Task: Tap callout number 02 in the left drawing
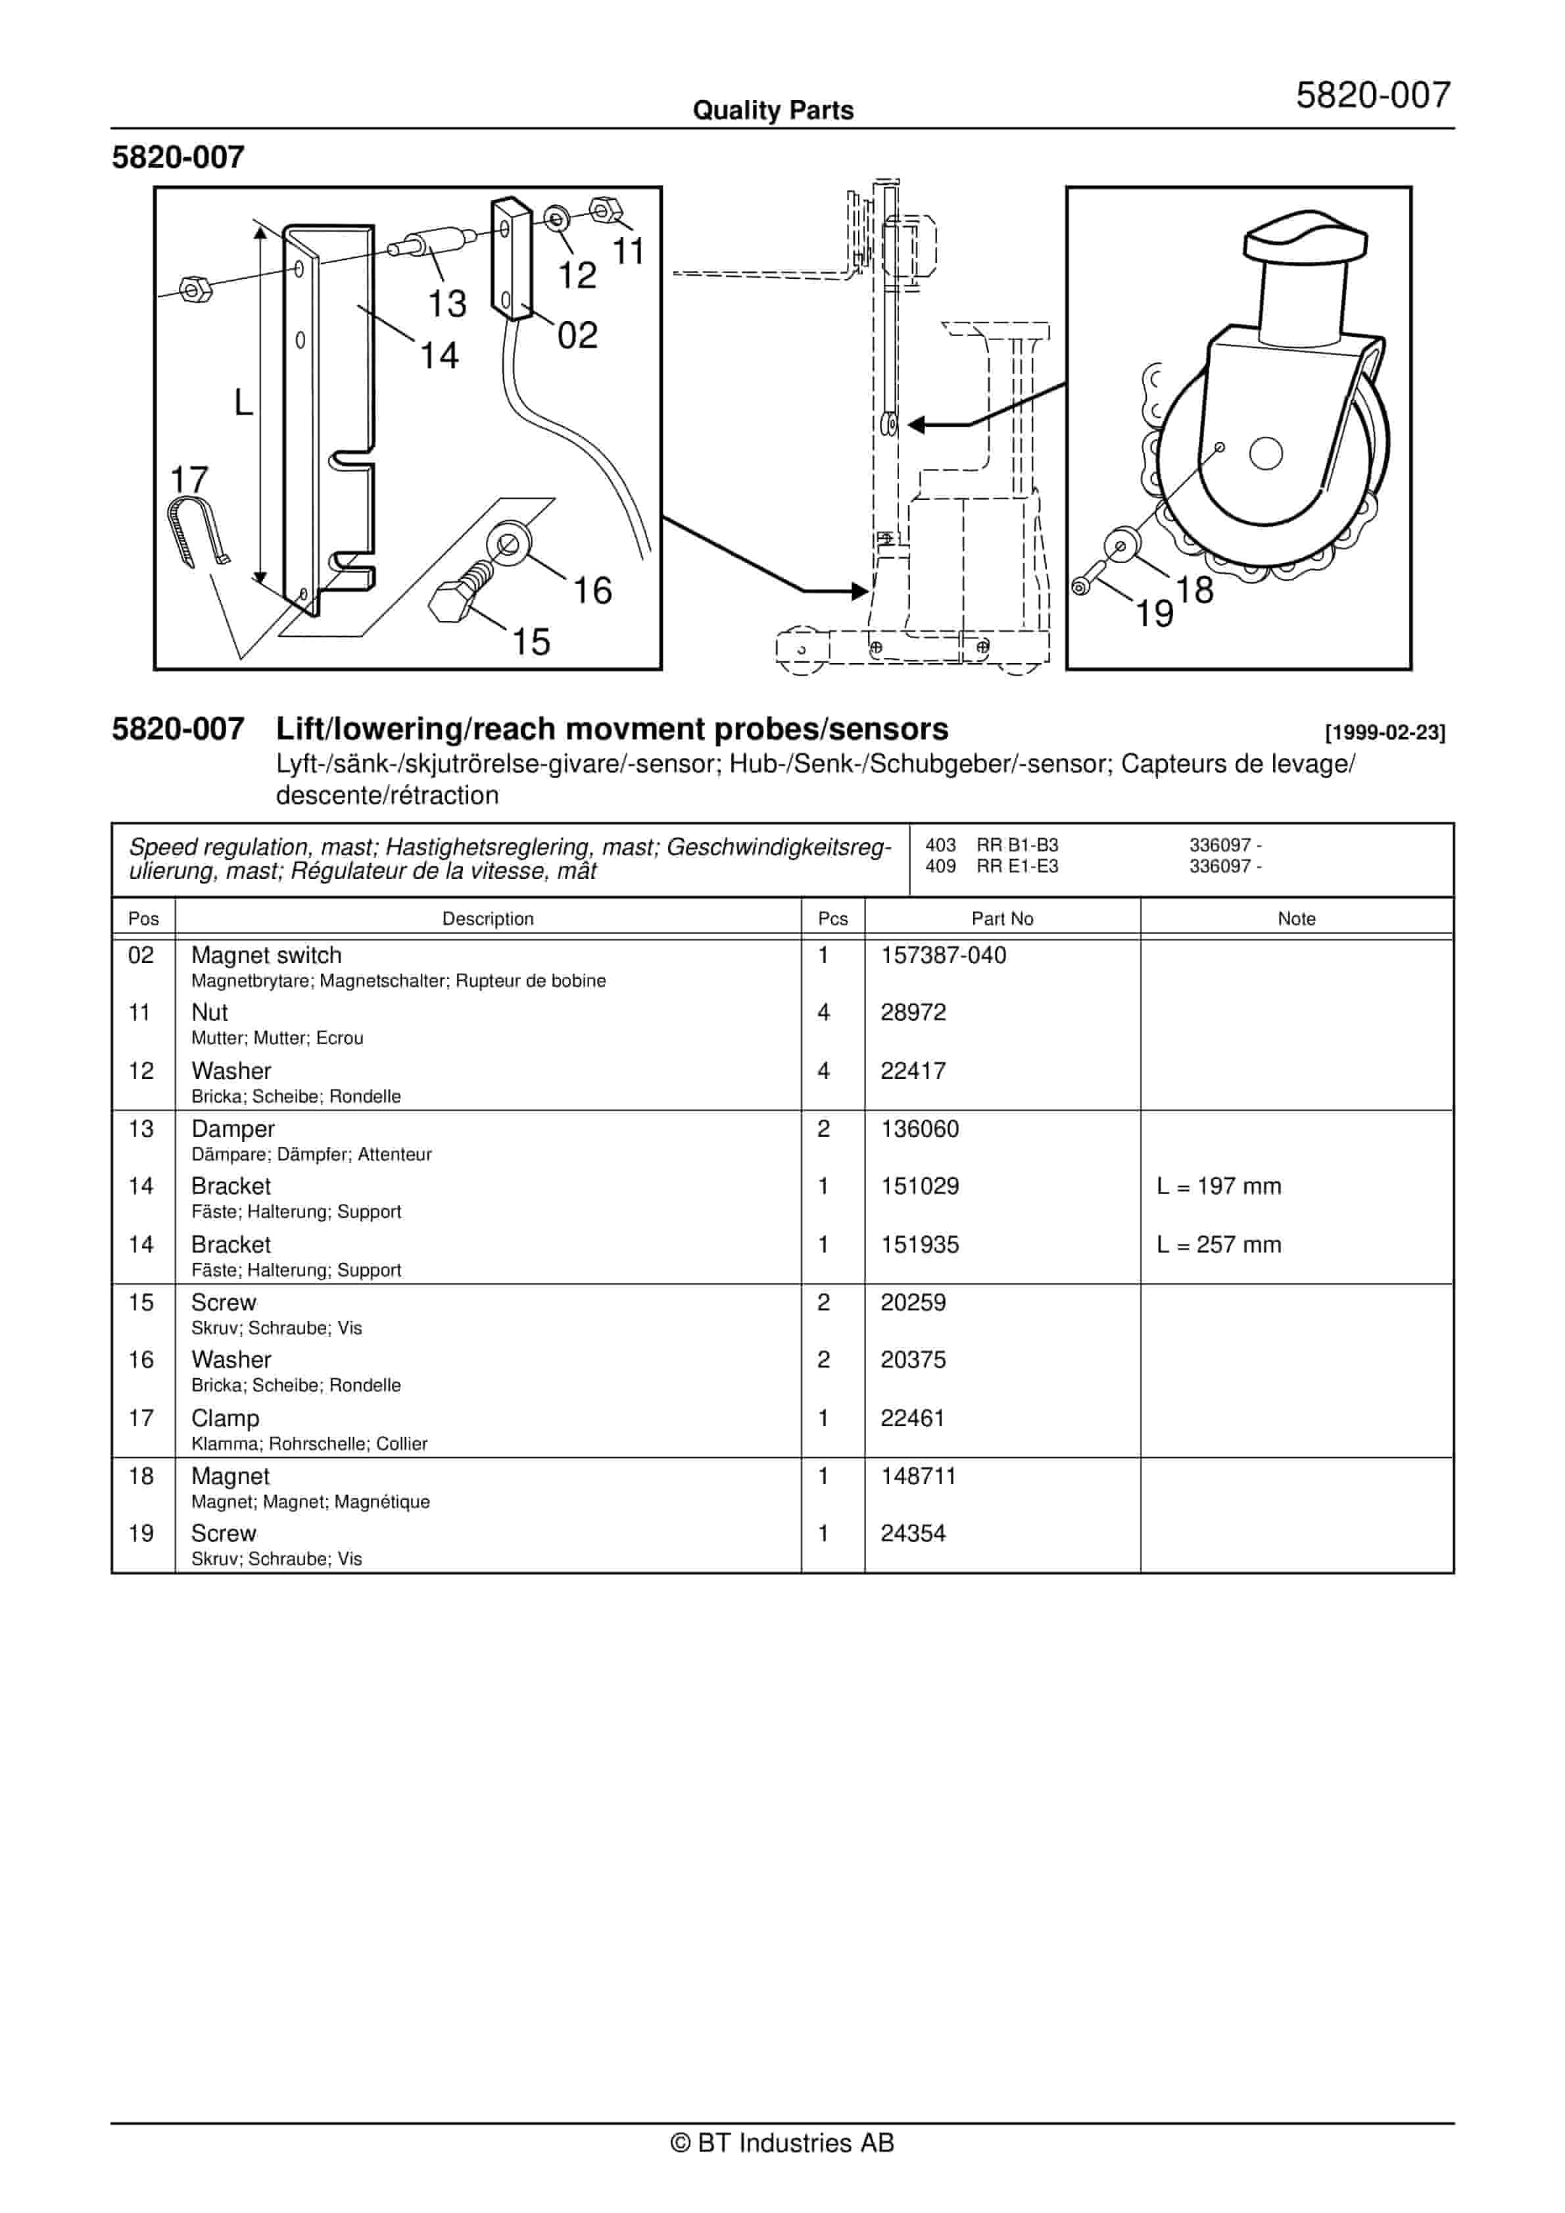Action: [577, 336]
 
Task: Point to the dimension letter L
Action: [244, 402]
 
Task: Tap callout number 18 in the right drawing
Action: [1194, 590]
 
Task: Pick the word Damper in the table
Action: [232, 1129]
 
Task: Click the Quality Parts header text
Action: [773, 111]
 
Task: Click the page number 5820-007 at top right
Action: [1372, 95]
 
